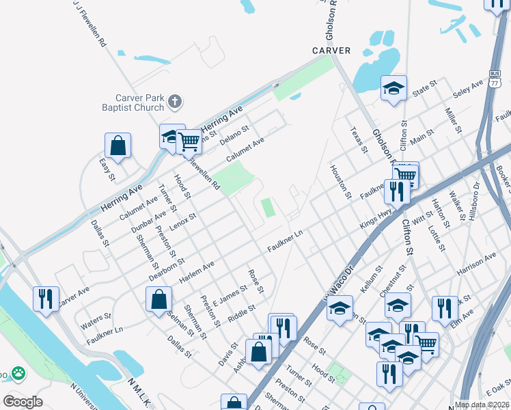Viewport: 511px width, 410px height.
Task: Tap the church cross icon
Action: pyautogui.click(x=175, y=102)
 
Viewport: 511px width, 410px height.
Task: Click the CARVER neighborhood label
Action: pyautogui.click(x=331, y=51)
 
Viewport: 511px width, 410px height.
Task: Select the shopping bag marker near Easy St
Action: pyautogui.click(x=118, y=146)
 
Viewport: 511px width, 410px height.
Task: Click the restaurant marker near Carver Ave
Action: pyautogui.click(x=46, y=299)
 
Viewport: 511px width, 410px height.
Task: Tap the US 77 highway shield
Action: pyautogui.click(x=495, y=79)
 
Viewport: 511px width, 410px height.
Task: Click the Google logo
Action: pyautogui.click(x=23, y=402)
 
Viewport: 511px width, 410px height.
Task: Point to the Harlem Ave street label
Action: pyautogui.click(x=196, y=273)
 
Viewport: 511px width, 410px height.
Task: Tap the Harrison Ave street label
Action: pyautogui.click(x=476, y=264)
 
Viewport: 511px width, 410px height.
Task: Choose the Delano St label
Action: pyautogui.click(x=234, y=135)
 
